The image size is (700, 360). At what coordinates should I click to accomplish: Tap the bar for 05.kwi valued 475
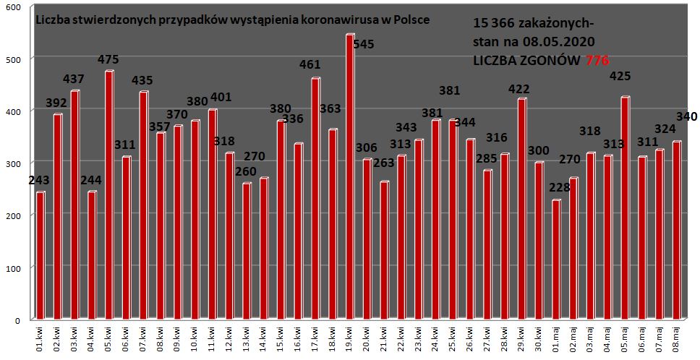click(109, 195)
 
